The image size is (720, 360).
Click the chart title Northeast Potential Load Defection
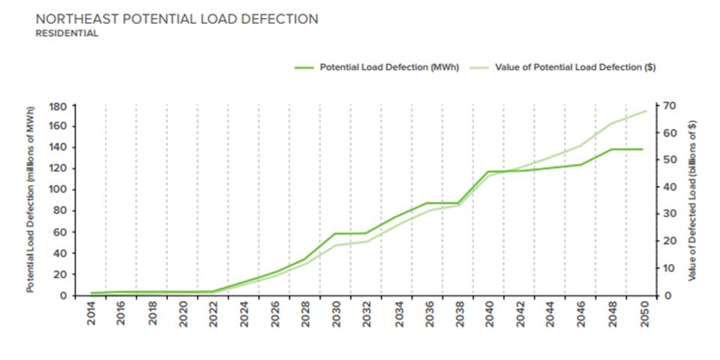coord(177,19)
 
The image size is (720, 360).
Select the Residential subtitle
coord(67,34)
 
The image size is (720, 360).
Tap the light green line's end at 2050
coord(646,111)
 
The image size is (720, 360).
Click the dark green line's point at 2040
coord(488,172)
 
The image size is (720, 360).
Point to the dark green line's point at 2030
coord(335,233)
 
